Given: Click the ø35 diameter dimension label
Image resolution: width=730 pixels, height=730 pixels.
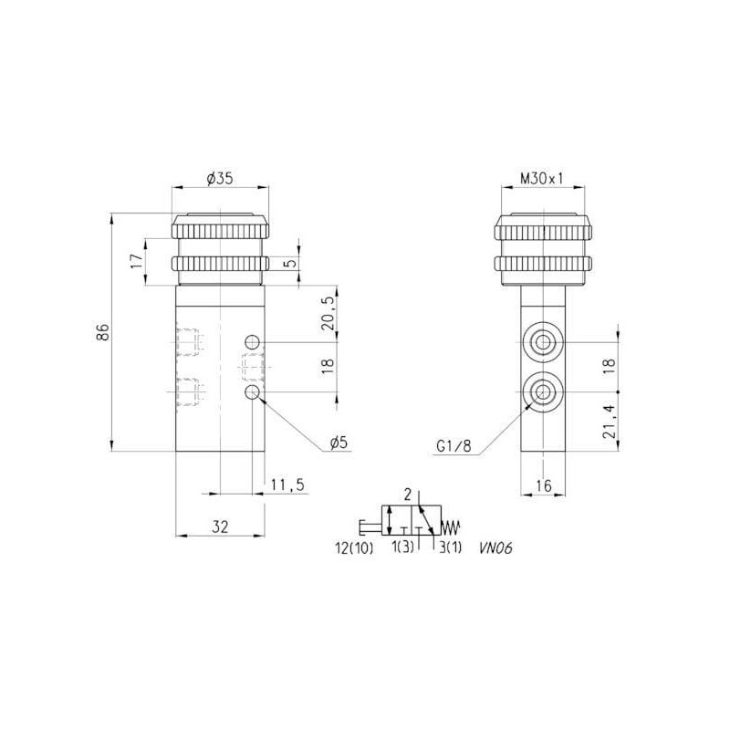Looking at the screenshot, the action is point(218,178).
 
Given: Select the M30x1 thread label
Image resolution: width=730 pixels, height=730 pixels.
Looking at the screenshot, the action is point(541,179).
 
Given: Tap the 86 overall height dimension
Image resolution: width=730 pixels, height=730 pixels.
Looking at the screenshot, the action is point(103,332).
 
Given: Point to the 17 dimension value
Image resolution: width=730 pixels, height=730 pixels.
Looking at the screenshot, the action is point(135,261).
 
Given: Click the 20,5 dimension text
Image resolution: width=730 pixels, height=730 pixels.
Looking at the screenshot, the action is point(328,314).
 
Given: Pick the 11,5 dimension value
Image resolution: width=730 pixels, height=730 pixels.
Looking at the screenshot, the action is point(287,485).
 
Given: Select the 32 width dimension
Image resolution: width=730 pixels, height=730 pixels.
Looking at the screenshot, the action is point(220,527).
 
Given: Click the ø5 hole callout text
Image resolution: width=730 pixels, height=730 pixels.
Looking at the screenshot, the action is point(339,443).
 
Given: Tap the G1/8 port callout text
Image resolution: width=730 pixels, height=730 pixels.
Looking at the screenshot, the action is point(454,446).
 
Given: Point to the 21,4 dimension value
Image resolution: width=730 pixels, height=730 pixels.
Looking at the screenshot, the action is point(609,421).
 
